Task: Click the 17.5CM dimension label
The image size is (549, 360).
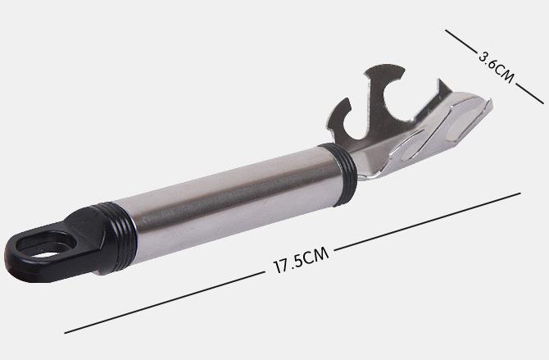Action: [301, 260]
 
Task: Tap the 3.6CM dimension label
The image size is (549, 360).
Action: [496, 67]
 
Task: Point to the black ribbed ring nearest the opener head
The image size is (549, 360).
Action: [340, 173]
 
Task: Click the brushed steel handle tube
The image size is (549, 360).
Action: [231, 203]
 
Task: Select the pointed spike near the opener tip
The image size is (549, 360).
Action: [442, 89]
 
